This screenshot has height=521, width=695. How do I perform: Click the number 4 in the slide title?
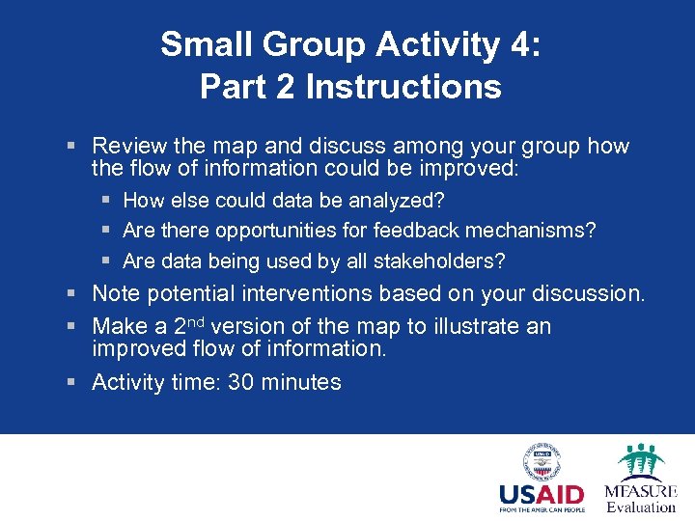[x=514, y=45]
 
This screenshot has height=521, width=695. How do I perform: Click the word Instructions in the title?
[x=403, y=87]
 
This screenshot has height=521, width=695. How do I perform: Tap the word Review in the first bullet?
[x=129, y=147]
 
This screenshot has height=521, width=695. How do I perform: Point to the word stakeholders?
[x=435, y=261]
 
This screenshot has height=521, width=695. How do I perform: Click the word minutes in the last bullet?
[x=303, y=383]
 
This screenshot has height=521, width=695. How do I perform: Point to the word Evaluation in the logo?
[x=641, y=507]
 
